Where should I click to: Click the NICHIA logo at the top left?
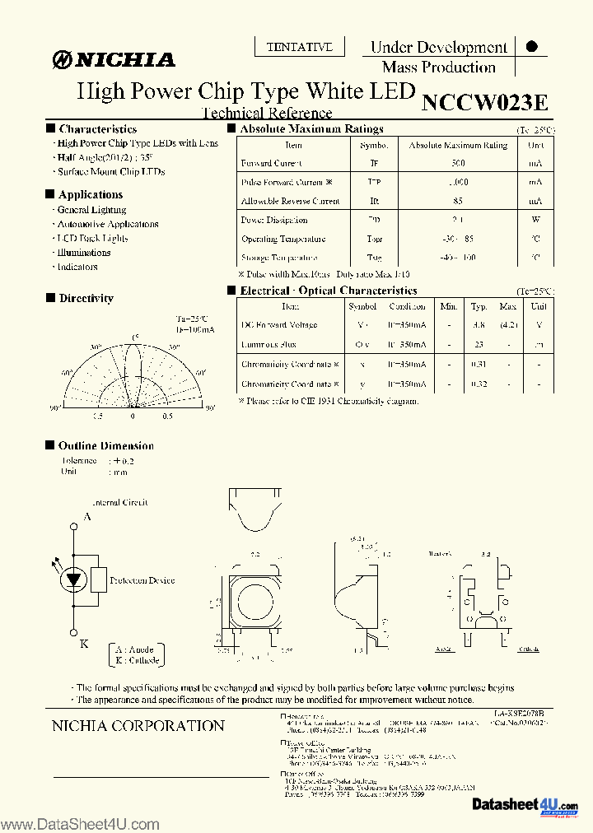[x=114, y=59]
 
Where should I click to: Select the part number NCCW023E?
[x=484, y=102]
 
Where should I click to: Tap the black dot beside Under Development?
[x=531, y=47]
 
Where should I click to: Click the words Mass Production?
[x=438, y=67]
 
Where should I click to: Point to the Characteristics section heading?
[x=97, y=129]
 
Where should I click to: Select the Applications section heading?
[x=91, y=195]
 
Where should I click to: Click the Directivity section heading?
[x=86, y=299]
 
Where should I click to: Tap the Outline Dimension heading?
[x=105, y=446]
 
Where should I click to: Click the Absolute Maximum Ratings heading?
[x=311, y=129]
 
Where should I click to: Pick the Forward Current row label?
[x=272, y=164]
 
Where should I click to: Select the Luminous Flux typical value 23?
[x=478, y=345]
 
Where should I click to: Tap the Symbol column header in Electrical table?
[x=362, y=306]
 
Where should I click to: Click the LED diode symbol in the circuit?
[x=73, y=579]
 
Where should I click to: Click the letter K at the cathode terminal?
[x=84, y=644]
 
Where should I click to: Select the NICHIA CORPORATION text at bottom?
[x=138, y=726]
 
